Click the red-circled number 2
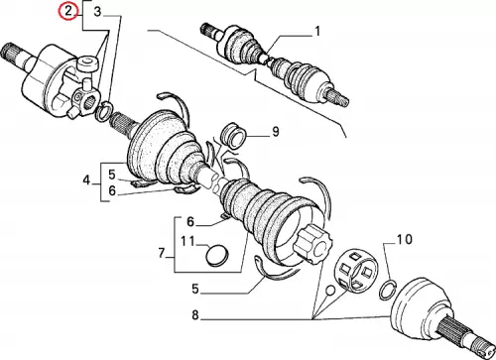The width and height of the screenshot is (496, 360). (x=67, y=12)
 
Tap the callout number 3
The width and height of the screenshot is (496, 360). (x=97, y=12)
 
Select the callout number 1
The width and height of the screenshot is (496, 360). (x=317, y=32)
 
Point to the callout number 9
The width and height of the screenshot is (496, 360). (x=276, y=132)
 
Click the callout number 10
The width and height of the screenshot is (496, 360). (x=405, y=239)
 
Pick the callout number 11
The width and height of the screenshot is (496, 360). (x=187, y=241)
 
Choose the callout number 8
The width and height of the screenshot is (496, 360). (x=195, y=315)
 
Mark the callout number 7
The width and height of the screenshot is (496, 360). (x=162, y=254)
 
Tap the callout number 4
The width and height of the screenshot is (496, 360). (x=86, y=180)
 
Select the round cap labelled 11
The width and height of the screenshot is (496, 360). (x=216, y=255)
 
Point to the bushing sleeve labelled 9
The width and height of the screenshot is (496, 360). (x=233, y=135)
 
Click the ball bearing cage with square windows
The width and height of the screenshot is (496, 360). (x=356, y=272)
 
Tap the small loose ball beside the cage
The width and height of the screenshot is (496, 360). (x=330, y=291)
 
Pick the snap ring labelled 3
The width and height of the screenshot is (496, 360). (x=104, y=111)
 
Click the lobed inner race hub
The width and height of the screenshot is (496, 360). (x=312, y=244)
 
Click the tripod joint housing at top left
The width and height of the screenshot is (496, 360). (x=53, y=81)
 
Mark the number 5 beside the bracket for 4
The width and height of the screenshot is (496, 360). (x=112, y=174)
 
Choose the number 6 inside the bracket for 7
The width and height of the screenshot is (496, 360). (x=190, y=221)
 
